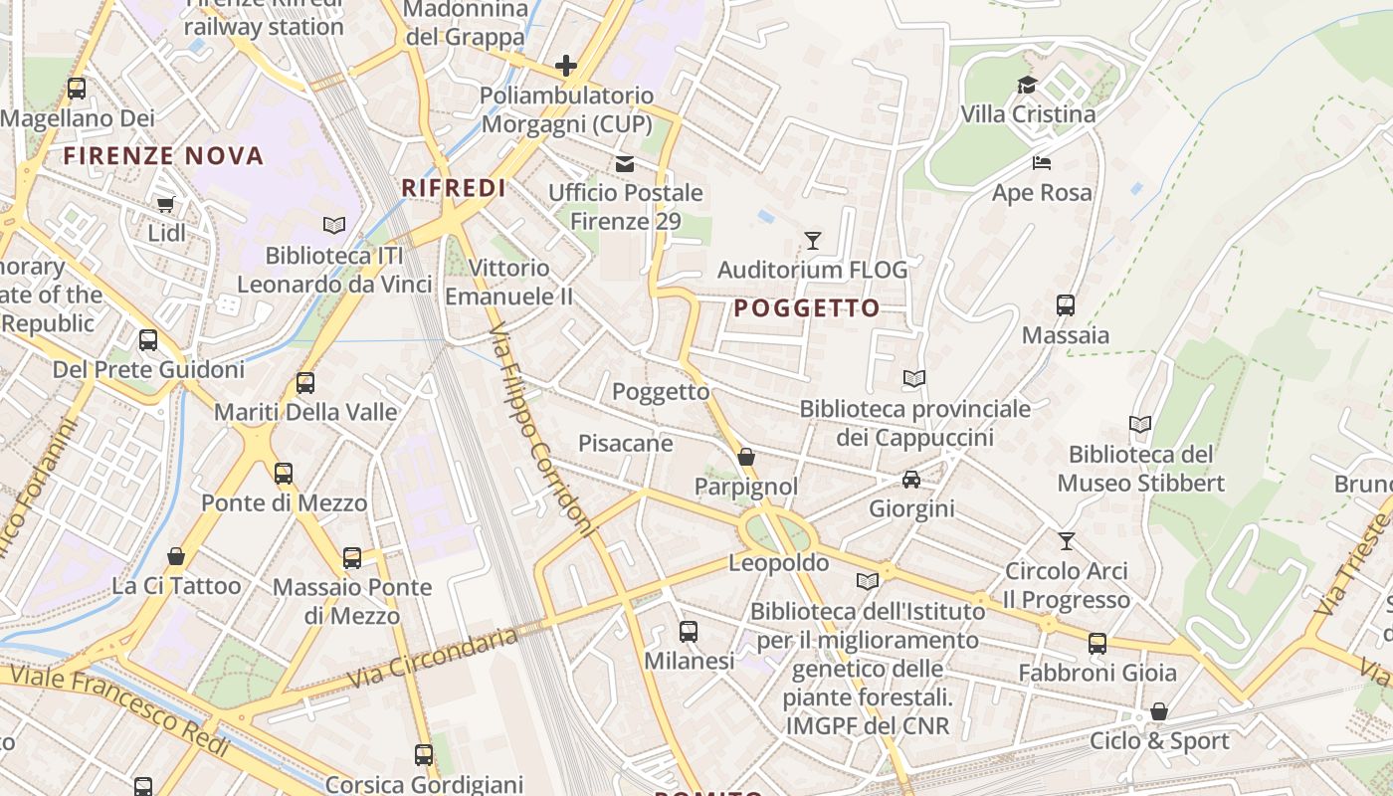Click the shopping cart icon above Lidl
coord(165,204)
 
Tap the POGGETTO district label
coord(807,308)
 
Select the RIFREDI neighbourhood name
coord(454,187)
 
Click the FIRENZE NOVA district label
coord(164,155)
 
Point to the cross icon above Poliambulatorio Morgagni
coord(566,67)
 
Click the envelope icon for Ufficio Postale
coord(625,164)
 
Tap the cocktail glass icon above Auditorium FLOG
coord(813,241)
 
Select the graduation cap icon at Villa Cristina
coord(1027,86)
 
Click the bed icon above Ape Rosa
coord(1042,163)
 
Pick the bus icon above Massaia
coord(1066,305)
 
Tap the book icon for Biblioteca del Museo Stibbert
coord(1140,425)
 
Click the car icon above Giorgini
coord(910,480)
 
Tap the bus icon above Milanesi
coord(688,631)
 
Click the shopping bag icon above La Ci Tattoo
coord(176,556)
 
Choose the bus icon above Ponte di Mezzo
coord(284,474)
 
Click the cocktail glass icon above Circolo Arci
coord(1067,541)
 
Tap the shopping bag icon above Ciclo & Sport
coord(1158,712)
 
